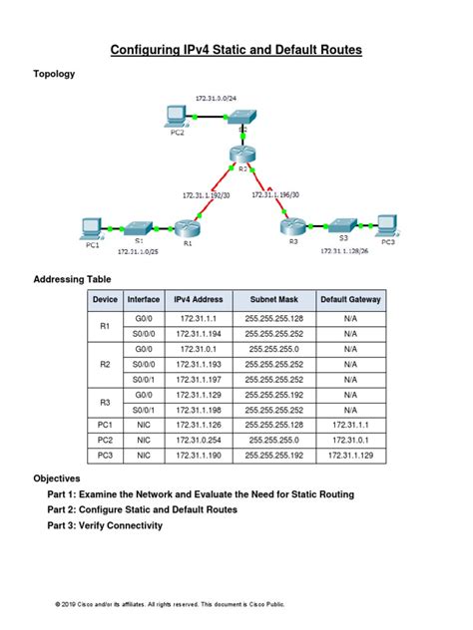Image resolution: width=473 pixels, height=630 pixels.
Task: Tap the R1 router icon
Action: click(x=187, y=229)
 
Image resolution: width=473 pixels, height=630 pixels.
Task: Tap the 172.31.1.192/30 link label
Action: click(x=205, y=195)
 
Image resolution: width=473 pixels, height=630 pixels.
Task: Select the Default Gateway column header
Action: click(x=349, y=300)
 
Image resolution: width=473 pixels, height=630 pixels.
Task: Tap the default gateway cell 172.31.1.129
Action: click(x=349, y=456)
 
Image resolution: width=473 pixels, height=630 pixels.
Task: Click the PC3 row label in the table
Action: click(x=105, y=456)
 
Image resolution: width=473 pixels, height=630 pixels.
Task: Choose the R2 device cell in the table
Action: click(x=105, y=365)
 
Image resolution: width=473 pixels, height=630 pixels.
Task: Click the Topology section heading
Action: click(x=54, y=74)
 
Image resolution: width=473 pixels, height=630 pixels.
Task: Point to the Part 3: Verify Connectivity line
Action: click(x=105, y=525)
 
